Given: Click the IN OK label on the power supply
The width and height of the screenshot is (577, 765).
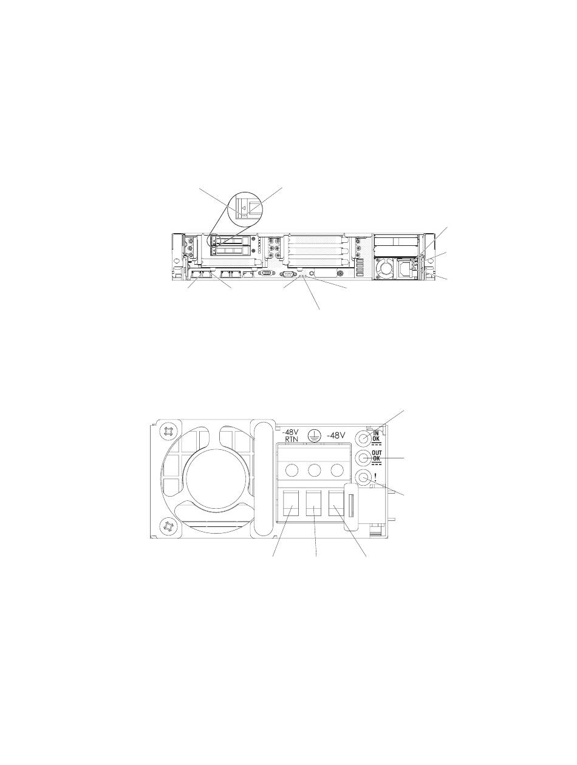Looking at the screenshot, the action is point(376,436).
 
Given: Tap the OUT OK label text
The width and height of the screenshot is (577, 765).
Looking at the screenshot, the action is point(377,455).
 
